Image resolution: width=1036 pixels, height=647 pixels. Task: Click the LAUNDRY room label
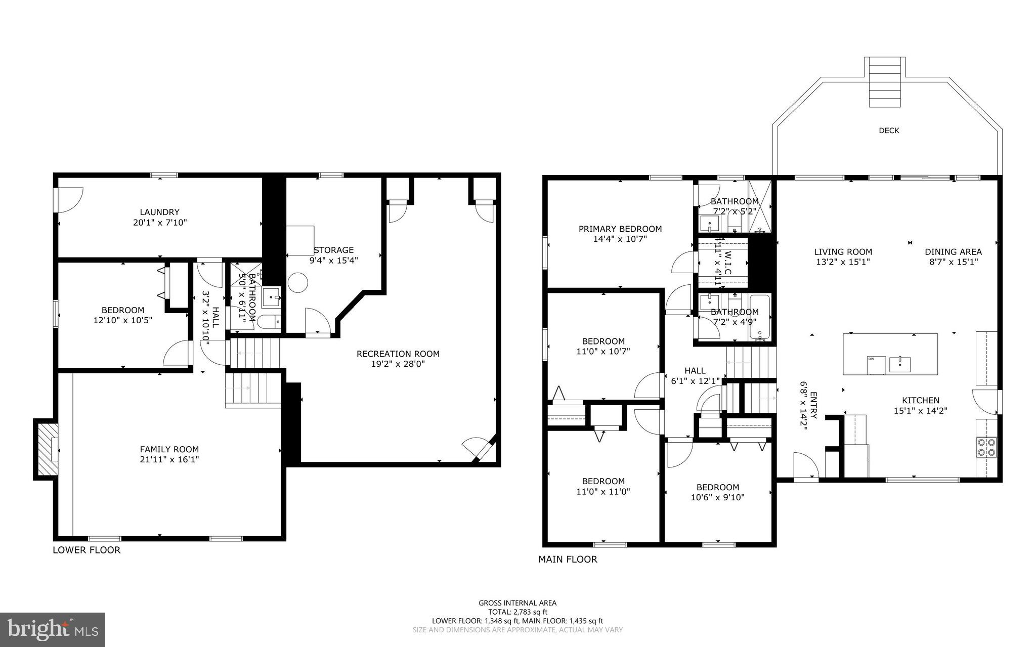159,212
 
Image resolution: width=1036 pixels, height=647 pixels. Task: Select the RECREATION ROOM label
398,354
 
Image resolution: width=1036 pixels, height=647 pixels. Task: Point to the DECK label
889,131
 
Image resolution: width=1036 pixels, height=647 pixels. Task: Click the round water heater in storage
298,282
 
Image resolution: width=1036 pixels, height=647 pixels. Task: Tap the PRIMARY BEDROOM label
620,229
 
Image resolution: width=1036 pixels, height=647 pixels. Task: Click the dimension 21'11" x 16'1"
169,459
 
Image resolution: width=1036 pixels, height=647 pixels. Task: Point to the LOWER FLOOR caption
87,550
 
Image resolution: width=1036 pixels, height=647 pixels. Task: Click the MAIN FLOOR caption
568,559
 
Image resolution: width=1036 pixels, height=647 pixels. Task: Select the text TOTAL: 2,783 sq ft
517,612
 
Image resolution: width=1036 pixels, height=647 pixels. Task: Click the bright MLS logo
53,629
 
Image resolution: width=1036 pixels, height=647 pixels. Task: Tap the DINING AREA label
953,251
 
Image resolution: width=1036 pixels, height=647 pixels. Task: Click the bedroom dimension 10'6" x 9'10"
717,497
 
